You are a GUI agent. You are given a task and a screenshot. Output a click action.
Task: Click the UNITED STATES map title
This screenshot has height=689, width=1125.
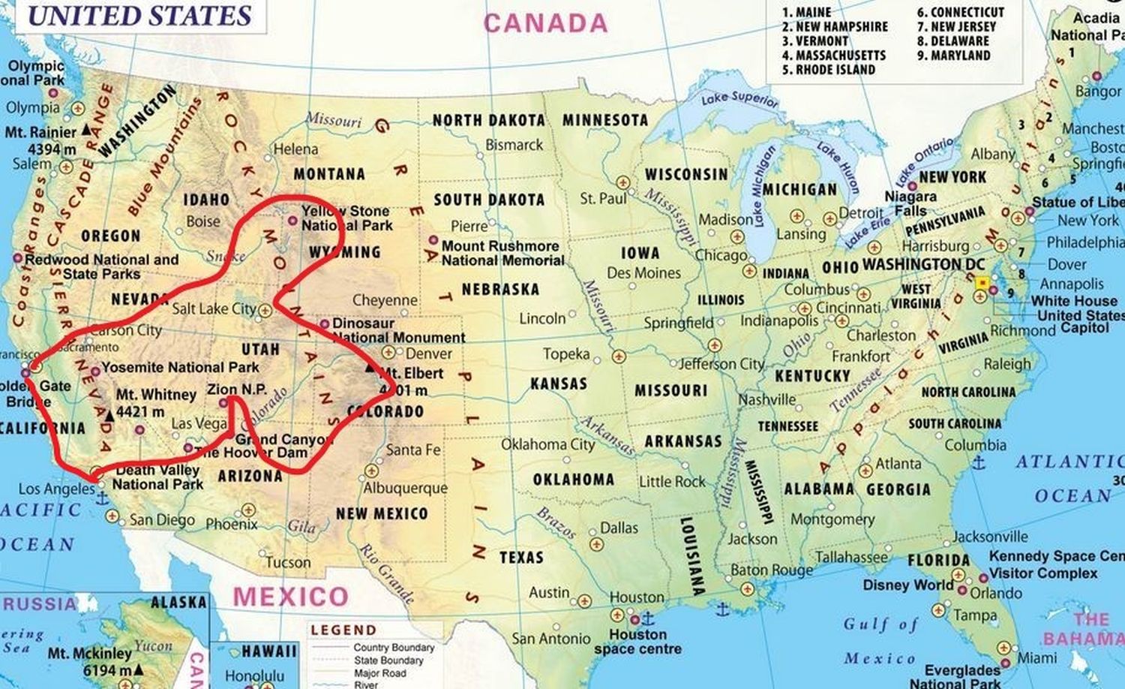pyautogui.click(x=139, y=16)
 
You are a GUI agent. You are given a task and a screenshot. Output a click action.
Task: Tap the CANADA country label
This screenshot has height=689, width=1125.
pyautogui.click(x=545, y=23)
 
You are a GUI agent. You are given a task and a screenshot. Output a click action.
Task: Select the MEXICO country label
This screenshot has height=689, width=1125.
pyautogui.click(x=290, y=597)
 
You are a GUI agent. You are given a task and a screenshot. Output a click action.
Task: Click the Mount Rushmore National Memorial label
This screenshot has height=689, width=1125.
pyautogui.click(x=501, y=253)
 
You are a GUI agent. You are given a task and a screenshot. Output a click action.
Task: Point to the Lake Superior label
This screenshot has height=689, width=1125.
pyautogui.click(x=739, y=98)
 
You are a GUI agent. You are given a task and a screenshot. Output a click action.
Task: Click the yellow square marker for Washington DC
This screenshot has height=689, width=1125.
pyautogui.click(x=982, y=283)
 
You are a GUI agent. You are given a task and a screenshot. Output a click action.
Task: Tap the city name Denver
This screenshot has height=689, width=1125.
pyautogui.click(x=428, y=354)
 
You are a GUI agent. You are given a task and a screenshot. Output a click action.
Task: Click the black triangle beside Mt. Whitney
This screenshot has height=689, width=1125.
pyautogui.click(x=109, y=414)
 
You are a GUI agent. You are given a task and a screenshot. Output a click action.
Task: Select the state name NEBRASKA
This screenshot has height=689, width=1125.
pyautogui.click(x=500, y=289)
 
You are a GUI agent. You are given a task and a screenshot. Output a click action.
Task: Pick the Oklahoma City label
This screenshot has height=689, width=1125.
pyautogui.click(x=547, y=444)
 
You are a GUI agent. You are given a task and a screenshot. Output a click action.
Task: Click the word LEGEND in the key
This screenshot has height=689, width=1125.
pyautogui.click(x=343, y=630)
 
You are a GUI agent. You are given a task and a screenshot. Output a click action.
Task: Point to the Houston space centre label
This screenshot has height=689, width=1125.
pyautogui.click(x=637, y=642)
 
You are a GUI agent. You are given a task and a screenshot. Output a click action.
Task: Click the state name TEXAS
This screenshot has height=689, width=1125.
pyautogui.click(x=521, y=558)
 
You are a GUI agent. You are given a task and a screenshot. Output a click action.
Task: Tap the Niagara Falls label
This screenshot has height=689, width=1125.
pyautogui.click(x=910, y=203)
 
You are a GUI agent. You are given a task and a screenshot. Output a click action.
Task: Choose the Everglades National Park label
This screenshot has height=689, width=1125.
pyautogui.click(x=962, y=676)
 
